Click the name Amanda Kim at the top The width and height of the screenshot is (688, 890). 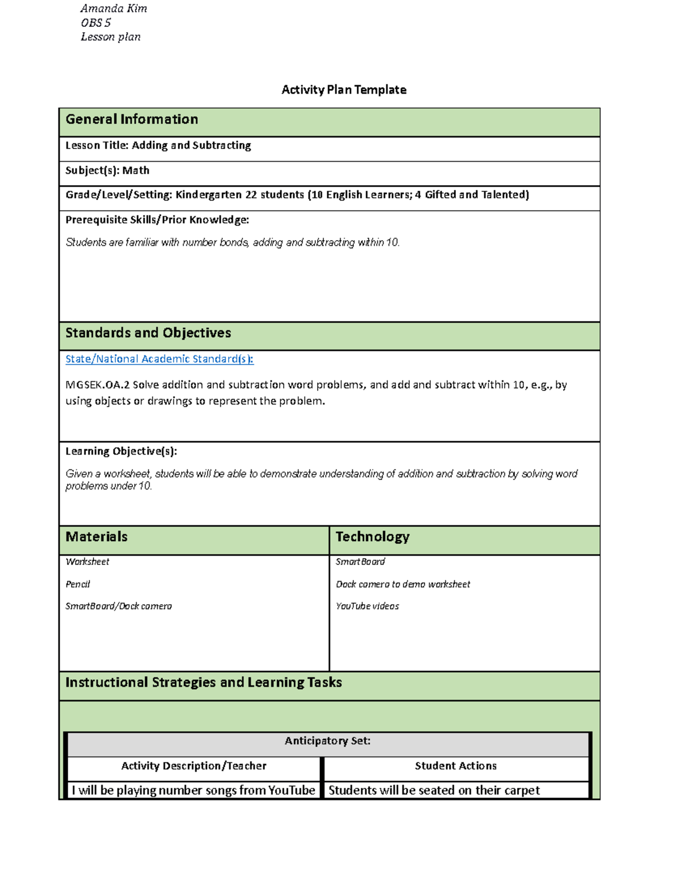[114, 9]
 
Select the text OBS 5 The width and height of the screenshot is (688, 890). [96, 23]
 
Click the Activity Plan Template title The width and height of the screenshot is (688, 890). [343, 90]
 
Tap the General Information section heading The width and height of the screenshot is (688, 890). [132, 119]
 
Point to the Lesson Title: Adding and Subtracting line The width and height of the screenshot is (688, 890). [158, 146]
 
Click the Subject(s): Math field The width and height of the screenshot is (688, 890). [107, 171]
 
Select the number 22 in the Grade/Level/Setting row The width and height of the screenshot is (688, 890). [251, 195]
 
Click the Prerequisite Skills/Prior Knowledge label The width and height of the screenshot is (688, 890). [157, 220]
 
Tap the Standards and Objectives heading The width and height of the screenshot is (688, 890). [148, 333]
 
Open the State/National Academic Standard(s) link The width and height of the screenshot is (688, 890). [159, 359]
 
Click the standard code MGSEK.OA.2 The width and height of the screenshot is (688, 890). [97, 385]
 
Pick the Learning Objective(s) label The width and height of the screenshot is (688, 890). [121, 452]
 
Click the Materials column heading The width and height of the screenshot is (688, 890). [96, 537]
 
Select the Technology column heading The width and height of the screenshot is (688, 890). [372, 537]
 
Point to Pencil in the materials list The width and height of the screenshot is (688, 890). [77, 585]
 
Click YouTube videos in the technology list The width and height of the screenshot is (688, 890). [367, 606]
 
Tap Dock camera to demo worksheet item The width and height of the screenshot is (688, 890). [402, 585]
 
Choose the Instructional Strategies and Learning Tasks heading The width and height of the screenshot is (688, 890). [204, 683]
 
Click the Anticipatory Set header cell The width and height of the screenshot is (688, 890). [327, 741]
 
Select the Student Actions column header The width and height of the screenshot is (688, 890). [455, 766]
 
